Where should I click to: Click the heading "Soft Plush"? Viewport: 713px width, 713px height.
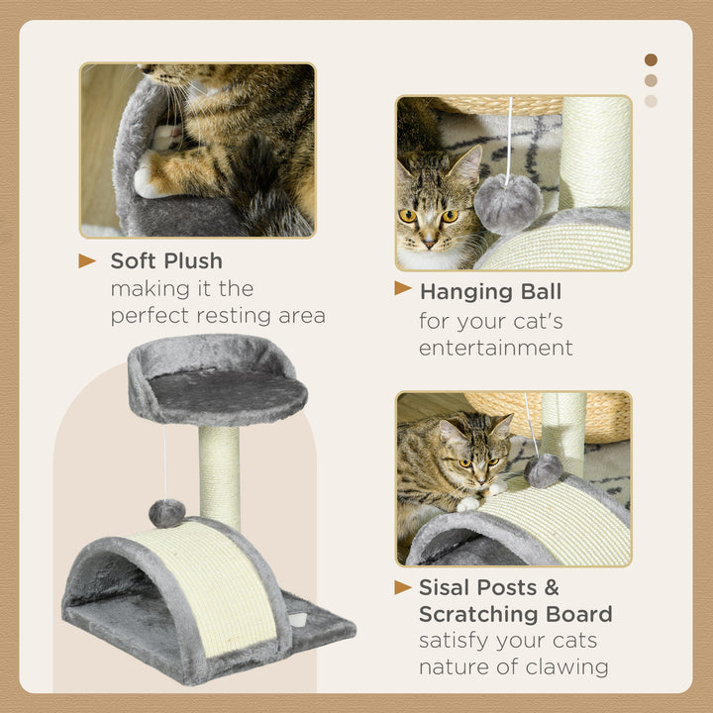click(x=166, y=261)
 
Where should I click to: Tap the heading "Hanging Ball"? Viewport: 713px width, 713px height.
click(x=490, y=292)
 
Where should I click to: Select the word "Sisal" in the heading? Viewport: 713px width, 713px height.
click(x=446, y=588)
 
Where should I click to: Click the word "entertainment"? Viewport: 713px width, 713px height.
click(x=495, y=348)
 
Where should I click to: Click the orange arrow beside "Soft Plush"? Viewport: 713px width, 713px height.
click(x=88, y=261)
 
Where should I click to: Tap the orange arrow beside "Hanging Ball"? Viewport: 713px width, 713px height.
click(x=403, y=288)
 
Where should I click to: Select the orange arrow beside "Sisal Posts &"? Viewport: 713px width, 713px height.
click(x=403, y=587)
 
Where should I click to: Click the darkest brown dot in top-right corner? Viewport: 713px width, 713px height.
click(x=651, y=59)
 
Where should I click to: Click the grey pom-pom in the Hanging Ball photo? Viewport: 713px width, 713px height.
click(x=507, y=203)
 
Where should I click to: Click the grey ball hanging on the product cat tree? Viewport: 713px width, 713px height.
click(x=166, y=512)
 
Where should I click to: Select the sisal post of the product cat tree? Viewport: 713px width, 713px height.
click(x=220, y=475)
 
